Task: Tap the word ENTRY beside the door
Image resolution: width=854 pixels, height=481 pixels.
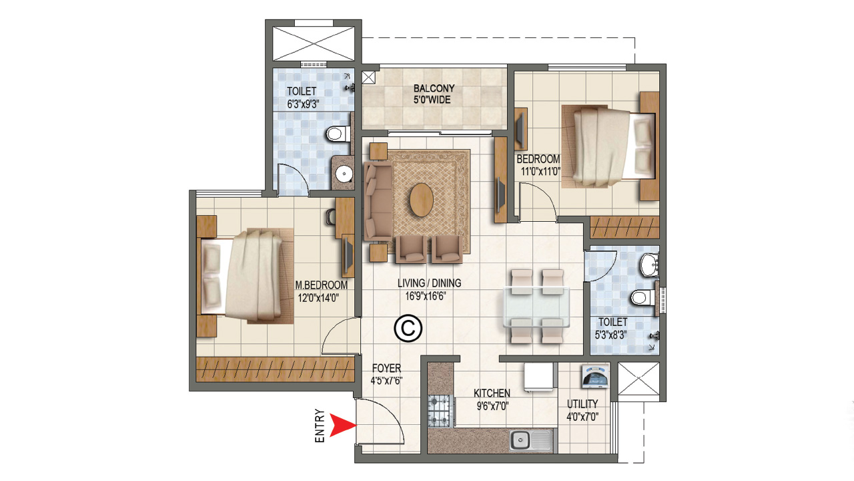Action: (x=320, y=426)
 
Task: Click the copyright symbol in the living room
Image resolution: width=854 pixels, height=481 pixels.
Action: (x=408, y=328)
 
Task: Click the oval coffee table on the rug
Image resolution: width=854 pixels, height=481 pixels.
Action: (x=420, y=200)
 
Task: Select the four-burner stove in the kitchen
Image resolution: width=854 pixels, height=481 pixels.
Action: (x=440, y=410)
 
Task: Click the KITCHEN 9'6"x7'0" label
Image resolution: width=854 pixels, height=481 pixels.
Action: (x=492, y=399)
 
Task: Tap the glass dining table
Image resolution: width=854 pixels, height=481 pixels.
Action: (x=536, y=307)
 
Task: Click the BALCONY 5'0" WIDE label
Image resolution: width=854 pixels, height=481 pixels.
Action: (x=434, y=94)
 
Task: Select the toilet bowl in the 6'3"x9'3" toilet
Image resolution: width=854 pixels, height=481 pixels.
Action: (x=338, y=134)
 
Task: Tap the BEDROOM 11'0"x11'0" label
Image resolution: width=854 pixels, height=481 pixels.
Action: (x=538, y=165)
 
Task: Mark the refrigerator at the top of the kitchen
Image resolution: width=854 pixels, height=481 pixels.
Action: (x=539, y=377)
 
